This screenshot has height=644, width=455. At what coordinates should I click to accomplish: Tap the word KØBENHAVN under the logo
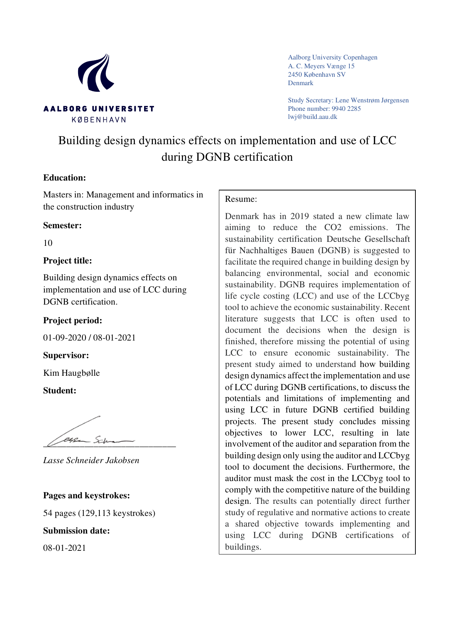pyautogui.click(x=99, y=120)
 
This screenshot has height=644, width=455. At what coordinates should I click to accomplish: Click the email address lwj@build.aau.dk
pyautogui.click(x=312, y=117)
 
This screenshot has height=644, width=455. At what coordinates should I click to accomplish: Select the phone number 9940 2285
pyautogui.click(x=346, y=109)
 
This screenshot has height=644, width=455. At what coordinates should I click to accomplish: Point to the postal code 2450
pyautogui.click(x=295, y=74)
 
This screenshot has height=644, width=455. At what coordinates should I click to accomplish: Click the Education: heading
pyautogui.click(x=65, y=178)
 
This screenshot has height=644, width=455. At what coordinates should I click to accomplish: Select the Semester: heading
pyautogui.click(x=62, y=225)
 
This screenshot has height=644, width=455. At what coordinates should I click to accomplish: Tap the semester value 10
pyautogui.click(x=48, y=243)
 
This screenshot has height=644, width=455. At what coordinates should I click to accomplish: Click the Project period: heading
pyautogui.click(x=73, y=320)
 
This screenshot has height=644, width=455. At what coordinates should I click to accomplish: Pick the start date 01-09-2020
pyautogui.click(x=65, y=338)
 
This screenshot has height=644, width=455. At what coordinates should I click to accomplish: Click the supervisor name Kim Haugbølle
pyautogui.click(x=71, y=373)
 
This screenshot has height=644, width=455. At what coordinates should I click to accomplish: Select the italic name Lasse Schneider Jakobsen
pyautogui.click(x=91, y=461)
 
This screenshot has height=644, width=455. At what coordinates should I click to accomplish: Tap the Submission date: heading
pyautogui.click(x=76, y=531)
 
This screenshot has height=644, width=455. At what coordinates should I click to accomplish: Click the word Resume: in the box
pyautogui.click(x=241, y=199)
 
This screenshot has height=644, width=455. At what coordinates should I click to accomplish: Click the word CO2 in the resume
pyautogui.click(x=333, y=228)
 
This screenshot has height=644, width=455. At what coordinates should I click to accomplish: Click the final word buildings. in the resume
pyautogui.click(x=243, y=547)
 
